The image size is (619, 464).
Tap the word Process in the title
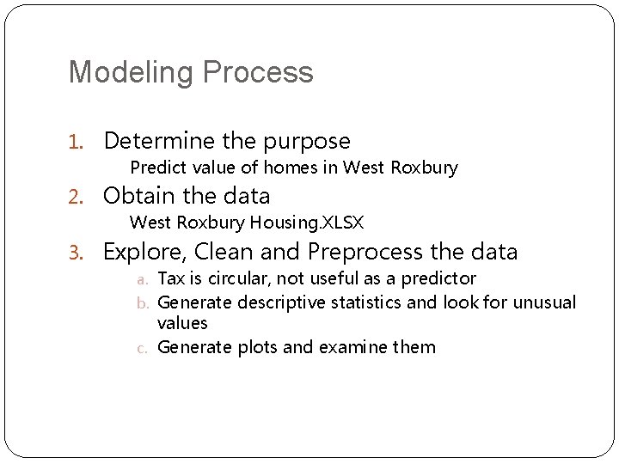(x=259, y=72)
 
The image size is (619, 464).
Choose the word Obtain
(x=139, y=196)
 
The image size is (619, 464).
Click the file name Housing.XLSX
(x=307, y=223)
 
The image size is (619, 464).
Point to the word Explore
(x=143, y=253)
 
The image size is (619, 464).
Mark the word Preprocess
(x=371, y=253)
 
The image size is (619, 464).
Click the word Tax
(x=172, y=278)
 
